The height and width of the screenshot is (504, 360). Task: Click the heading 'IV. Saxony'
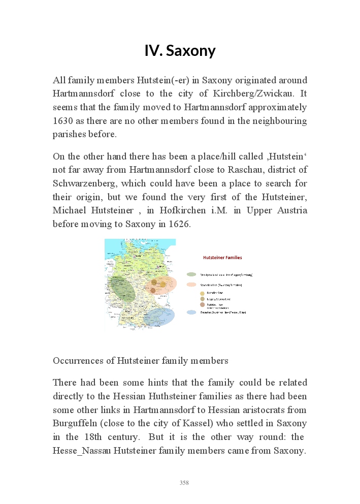pos(180,51)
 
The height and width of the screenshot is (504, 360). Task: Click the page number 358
pos(184,483)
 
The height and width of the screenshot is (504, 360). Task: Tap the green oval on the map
pos(122,289)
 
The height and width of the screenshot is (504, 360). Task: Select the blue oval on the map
pos(159,317)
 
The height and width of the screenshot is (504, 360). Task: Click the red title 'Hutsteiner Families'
pos(222,258)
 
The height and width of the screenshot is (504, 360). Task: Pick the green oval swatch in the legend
pos(191,274)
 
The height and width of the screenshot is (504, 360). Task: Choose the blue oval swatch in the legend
pos(191,312)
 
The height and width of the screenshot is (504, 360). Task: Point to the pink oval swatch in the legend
pos(191,285)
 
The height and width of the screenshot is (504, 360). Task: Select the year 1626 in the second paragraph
pos(179,224)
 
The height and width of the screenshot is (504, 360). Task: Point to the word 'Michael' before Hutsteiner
pos(69,210)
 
